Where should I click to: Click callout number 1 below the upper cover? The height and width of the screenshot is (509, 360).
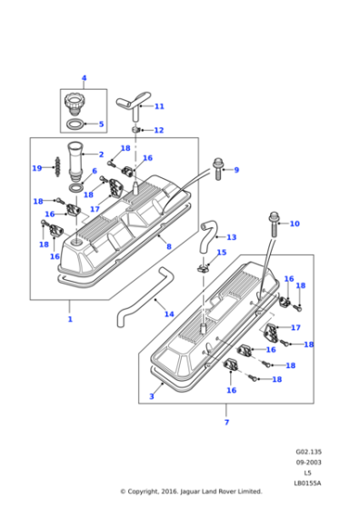point(69,319)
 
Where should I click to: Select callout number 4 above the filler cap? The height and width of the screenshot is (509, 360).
point(84,78)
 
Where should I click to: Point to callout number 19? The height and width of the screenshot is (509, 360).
point(36,168)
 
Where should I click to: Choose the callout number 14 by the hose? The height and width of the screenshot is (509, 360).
point(169,314)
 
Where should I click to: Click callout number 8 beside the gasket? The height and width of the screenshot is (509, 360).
point(168,245)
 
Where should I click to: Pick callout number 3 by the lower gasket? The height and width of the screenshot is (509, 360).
point(152,396)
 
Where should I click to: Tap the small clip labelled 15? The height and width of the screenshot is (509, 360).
point(204,267)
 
